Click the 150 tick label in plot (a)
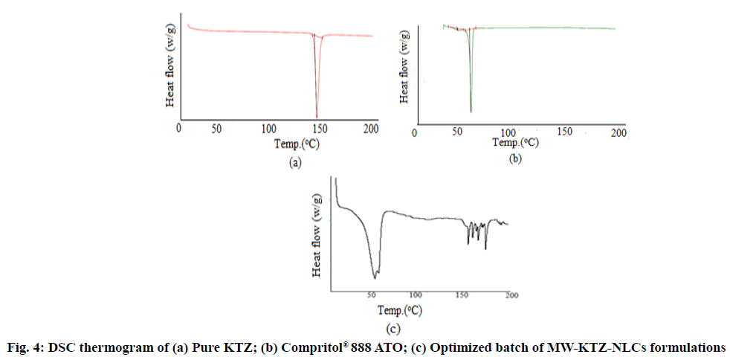point(318,129)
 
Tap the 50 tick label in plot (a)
point(216,129)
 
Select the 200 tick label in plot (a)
point(369,129)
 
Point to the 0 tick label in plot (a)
point(178,129)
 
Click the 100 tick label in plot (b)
point(510,132)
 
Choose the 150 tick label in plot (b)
point(565,132)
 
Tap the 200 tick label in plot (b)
point(618,132)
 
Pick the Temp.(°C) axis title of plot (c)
point(401,309)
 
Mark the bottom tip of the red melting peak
point(317,117)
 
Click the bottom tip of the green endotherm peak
point(471,112)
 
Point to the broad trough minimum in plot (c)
point(376,277)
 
